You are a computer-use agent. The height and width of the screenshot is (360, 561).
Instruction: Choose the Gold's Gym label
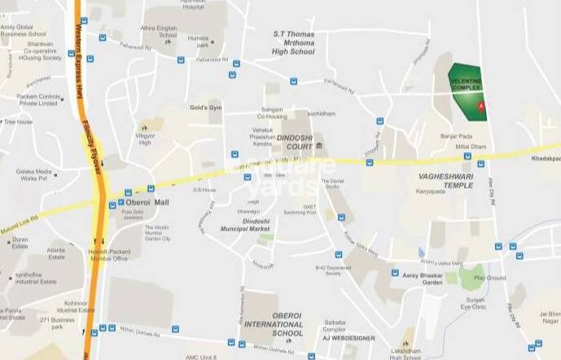click(x=206, y=108)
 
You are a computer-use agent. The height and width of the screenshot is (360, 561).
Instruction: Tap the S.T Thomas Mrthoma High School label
click(x=293, y=43)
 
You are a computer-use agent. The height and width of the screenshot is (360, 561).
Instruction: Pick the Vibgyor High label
click(x=145, y=139)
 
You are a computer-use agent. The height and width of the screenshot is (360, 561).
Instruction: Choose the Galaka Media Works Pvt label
click(x=33, y=175)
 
